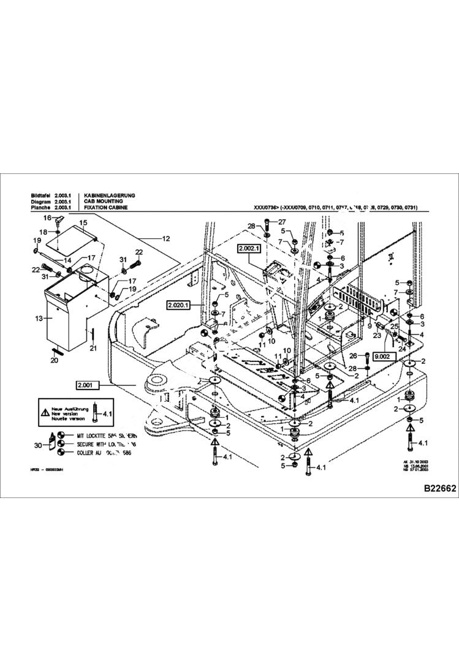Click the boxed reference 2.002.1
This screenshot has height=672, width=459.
(x=249, y=249)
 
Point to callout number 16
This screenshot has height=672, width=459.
(x=47, y=218)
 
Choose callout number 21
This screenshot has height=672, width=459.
(x=93, y=348)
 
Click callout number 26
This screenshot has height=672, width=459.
(x=352, y=355)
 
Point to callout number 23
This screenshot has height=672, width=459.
(x=377, y=334)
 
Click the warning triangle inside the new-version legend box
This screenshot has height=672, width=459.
(x=45, y=413)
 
